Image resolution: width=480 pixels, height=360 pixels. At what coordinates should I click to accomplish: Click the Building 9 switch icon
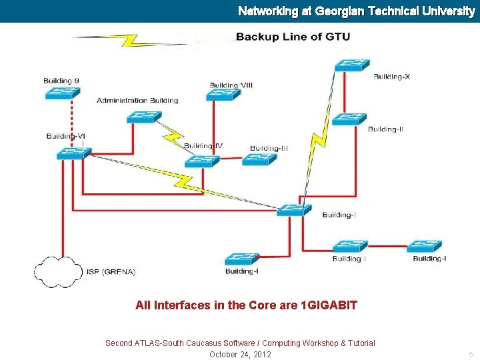[x=62, y=93]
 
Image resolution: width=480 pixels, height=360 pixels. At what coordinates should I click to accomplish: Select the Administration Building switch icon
[x=144, y=117]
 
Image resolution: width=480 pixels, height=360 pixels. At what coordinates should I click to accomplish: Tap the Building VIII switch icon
[x=223, y=94]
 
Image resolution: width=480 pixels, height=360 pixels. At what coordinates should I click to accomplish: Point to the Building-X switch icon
[x=351, y=65]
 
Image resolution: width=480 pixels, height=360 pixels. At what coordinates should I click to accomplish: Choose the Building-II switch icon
[x=349, y=119]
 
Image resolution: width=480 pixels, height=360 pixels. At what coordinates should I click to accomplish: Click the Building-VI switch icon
[x=73, y=152]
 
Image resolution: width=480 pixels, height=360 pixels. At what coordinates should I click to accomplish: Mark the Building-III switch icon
[x=259, y=159]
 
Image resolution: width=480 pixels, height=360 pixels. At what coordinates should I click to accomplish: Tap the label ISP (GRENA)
[x=111, y=271]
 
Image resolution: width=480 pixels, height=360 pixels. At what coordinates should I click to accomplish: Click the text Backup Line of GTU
[x=293, y=37]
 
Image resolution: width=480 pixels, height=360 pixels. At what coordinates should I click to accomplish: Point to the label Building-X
[x=391, y=77]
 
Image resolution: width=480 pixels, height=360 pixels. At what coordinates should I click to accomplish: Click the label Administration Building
[x=137, y=101]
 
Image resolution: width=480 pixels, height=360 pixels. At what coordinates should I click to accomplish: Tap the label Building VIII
[x=231, y=85]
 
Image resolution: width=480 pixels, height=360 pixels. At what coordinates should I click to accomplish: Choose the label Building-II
[x=385, y=129]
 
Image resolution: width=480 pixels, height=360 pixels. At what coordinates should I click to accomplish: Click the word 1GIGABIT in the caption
[x=329, y=305]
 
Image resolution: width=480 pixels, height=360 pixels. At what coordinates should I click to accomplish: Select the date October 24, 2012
[x=240, y=354]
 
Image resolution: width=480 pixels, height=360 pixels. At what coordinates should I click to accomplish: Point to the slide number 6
[x=471, y=354]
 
